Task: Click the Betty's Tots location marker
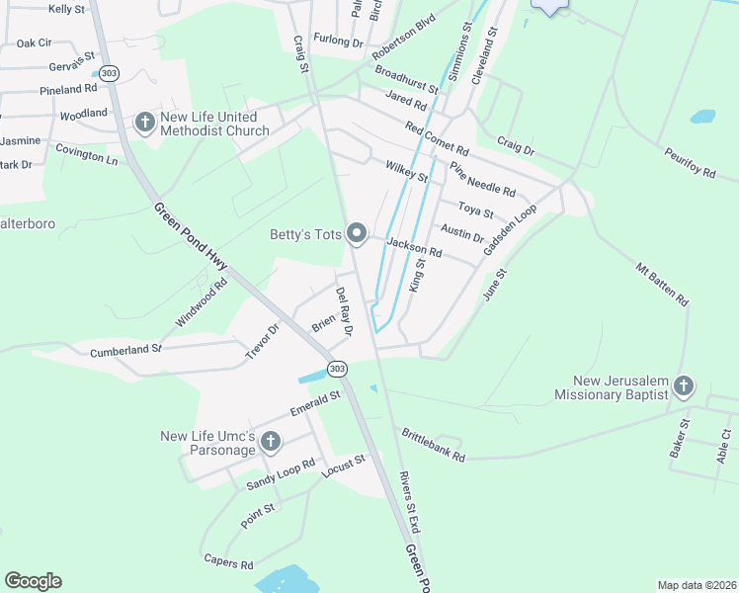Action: coord(357,234)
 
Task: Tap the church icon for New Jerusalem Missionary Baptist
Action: coord(684,385)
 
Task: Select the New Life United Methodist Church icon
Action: coord(144,123)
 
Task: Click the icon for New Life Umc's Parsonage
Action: coord(271,442)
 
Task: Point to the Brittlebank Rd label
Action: coord(432,445)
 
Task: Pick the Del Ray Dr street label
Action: coord(344,311)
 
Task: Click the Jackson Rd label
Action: coord(414,248)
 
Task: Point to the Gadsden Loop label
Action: coord(510,231)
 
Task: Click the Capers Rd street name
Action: coord(228,565)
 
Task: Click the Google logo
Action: coord(33,581)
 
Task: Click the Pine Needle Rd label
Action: coord(482,179)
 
